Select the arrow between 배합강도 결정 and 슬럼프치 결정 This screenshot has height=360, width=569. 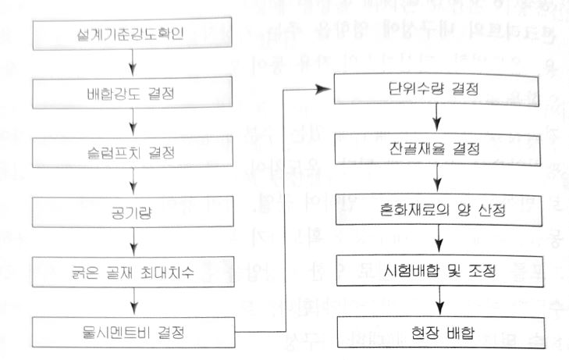click(133, 123)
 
